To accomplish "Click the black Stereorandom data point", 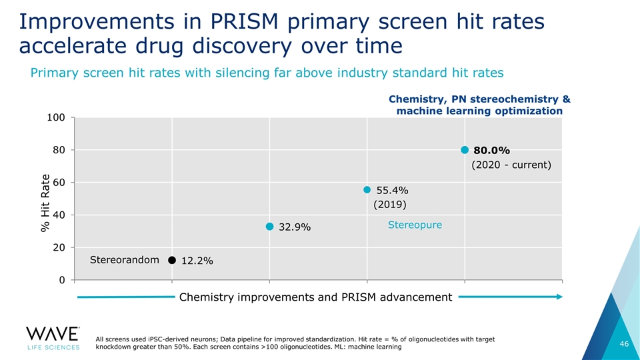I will click(172, 260).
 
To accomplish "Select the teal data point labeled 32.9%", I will click(269, 227).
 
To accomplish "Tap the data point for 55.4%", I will click(367, 190).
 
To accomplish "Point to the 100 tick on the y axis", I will click(56, 117).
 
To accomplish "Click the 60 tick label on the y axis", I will click(59, 182).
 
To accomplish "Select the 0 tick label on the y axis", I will click(62, 280).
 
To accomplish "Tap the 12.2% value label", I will click(197, 261).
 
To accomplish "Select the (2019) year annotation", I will click(390, 204).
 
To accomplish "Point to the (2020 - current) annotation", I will click(511, 165).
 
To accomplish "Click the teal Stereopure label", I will click(415, 225).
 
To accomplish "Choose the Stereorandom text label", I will click(124, 259).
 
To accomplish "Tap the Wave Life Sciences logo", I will click(53, 337).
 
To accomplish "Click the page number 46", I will click(624, 343).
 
